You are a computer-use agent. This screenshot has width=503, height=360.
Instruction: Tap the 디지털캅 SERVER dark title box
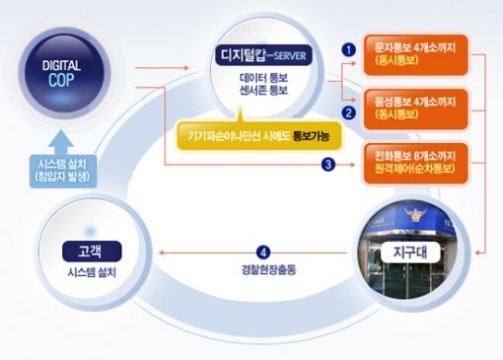click(263, 51)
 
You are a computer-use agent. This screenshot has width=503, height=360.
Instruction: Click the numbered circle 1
click(347, 45)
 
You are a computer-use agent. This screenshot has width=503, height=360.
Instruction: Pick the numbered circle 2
click(347, 112)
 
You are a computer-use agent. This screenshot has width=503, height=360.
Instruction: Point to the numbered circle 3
click(327, 165)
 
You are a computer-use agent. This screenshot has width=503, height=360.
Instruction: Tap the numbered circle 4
click(261, 251)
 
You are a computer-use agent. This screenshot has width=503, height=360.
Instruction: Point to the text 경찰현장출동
click(261, 268)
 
